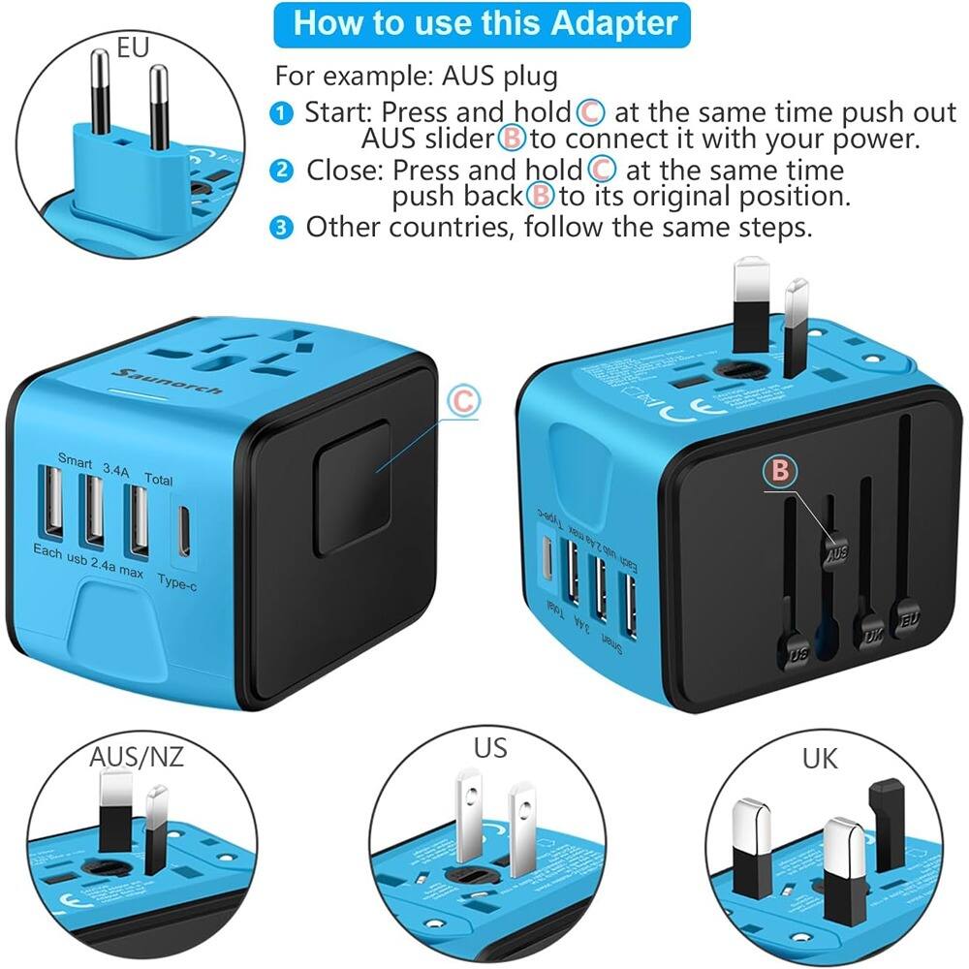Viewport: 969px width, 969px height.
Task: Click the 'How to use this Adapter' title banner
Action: [x=484, y=23]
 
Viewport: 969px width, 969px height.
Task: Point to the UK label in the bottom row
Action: [x=820, y=757]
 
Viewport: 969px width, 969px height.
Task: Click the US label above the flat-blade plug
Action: [x=489, y=747]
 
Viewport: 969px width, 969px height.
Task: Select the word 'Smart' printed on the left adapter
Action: [x=76, y=458]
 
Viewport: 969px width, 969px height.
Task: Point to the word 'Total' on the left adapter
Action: [x=158, y=478]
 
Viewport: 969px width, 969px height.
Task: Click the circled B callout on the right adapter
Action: [x=781, y=471]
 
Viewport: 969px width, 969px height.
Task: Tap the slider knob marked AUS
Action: [x=836, y=551]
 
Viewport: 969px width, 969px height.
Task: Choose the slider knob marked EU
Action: [x=908, y=616]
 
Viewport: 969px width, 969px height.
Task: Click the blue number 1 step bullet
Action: [x=281, y=113]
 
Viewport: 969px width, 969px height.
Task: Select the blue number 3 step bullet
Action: [x=281, y=228]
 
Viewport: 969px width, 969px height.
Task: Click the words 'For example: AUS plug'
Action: [x=417, y=75]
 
